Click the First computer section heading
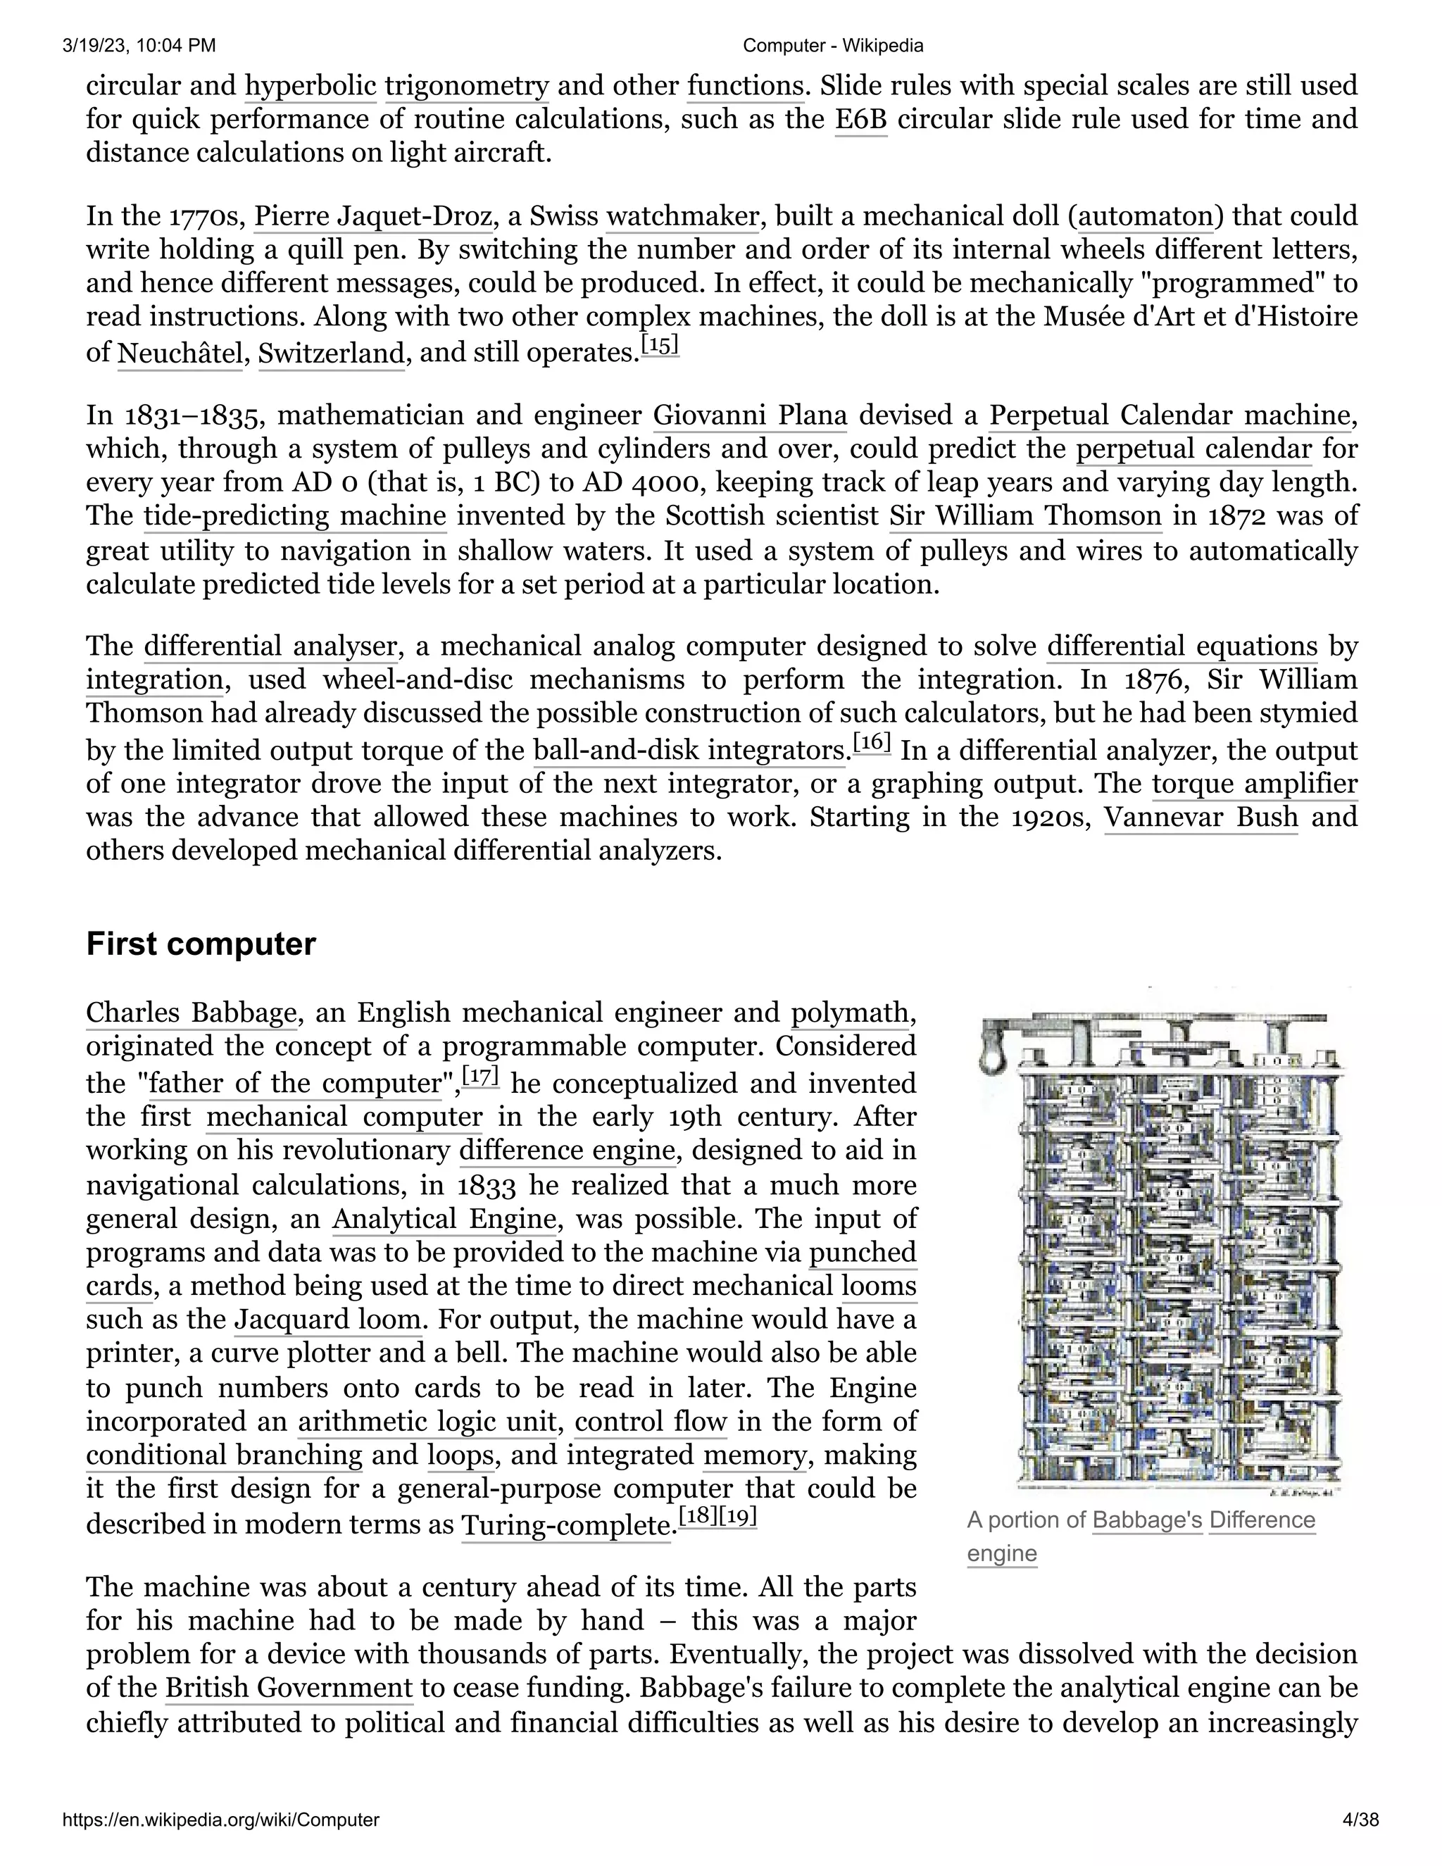pos(201,944)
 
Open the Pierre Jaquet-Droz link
pos(373,216)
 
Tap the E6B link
pos(860,120)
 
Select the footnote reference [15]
pos(660,346)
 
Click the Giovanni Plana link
pos(750,416)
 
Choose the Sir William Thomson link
pos(1025,517)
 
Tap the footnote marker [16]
pos(872,744)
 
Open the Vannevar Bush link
pos(1200,818)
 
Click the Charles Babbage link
pos(192,1013)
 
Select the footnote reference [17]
pos(480,1077)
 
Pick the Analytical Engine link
pos(444,1219)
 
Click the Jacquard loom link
pos(328,1320)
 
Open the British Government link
pos(289,1689)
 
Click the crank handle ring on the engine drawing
pos(991,1060)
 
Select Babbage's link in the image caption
pos(1147,1520)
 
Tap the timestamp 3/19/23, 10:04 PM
pos(139,45)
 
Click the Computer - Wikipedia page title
pos(833,45)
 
